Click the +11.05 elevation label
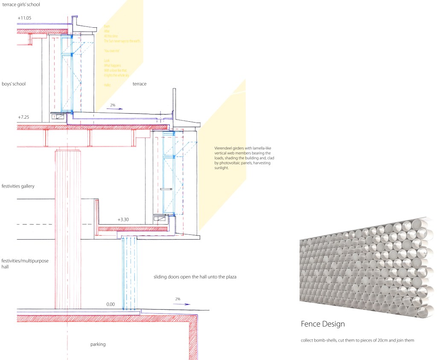25,18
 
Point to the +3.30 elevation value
124,220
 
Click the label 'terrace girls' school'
21,4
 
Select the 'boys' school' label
14,84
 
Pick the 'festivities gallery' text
18,186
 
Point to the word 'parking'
98,344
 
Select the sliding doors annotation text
195,277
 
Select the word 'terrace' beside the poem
140,84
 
